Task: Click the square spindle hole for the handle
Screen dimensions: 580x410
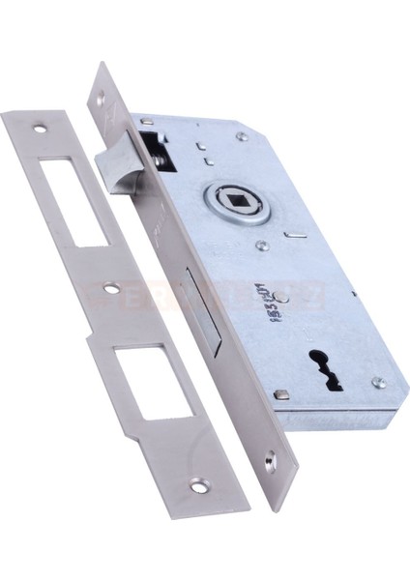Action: [x=237, y=205]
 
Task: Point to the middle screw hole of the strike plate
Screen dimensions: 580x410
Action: [x=112, y=287]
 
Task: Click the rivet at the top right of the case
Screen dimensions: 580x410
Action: [x=241, y=136]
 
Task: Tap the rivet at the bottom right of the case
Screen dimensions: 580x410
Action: [x=380, y=383]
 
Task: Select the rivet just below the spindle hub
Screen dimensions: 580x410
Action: [x=261, y=246]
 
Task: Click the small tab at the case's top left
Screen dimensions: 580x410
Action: [x=146, y=121]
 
